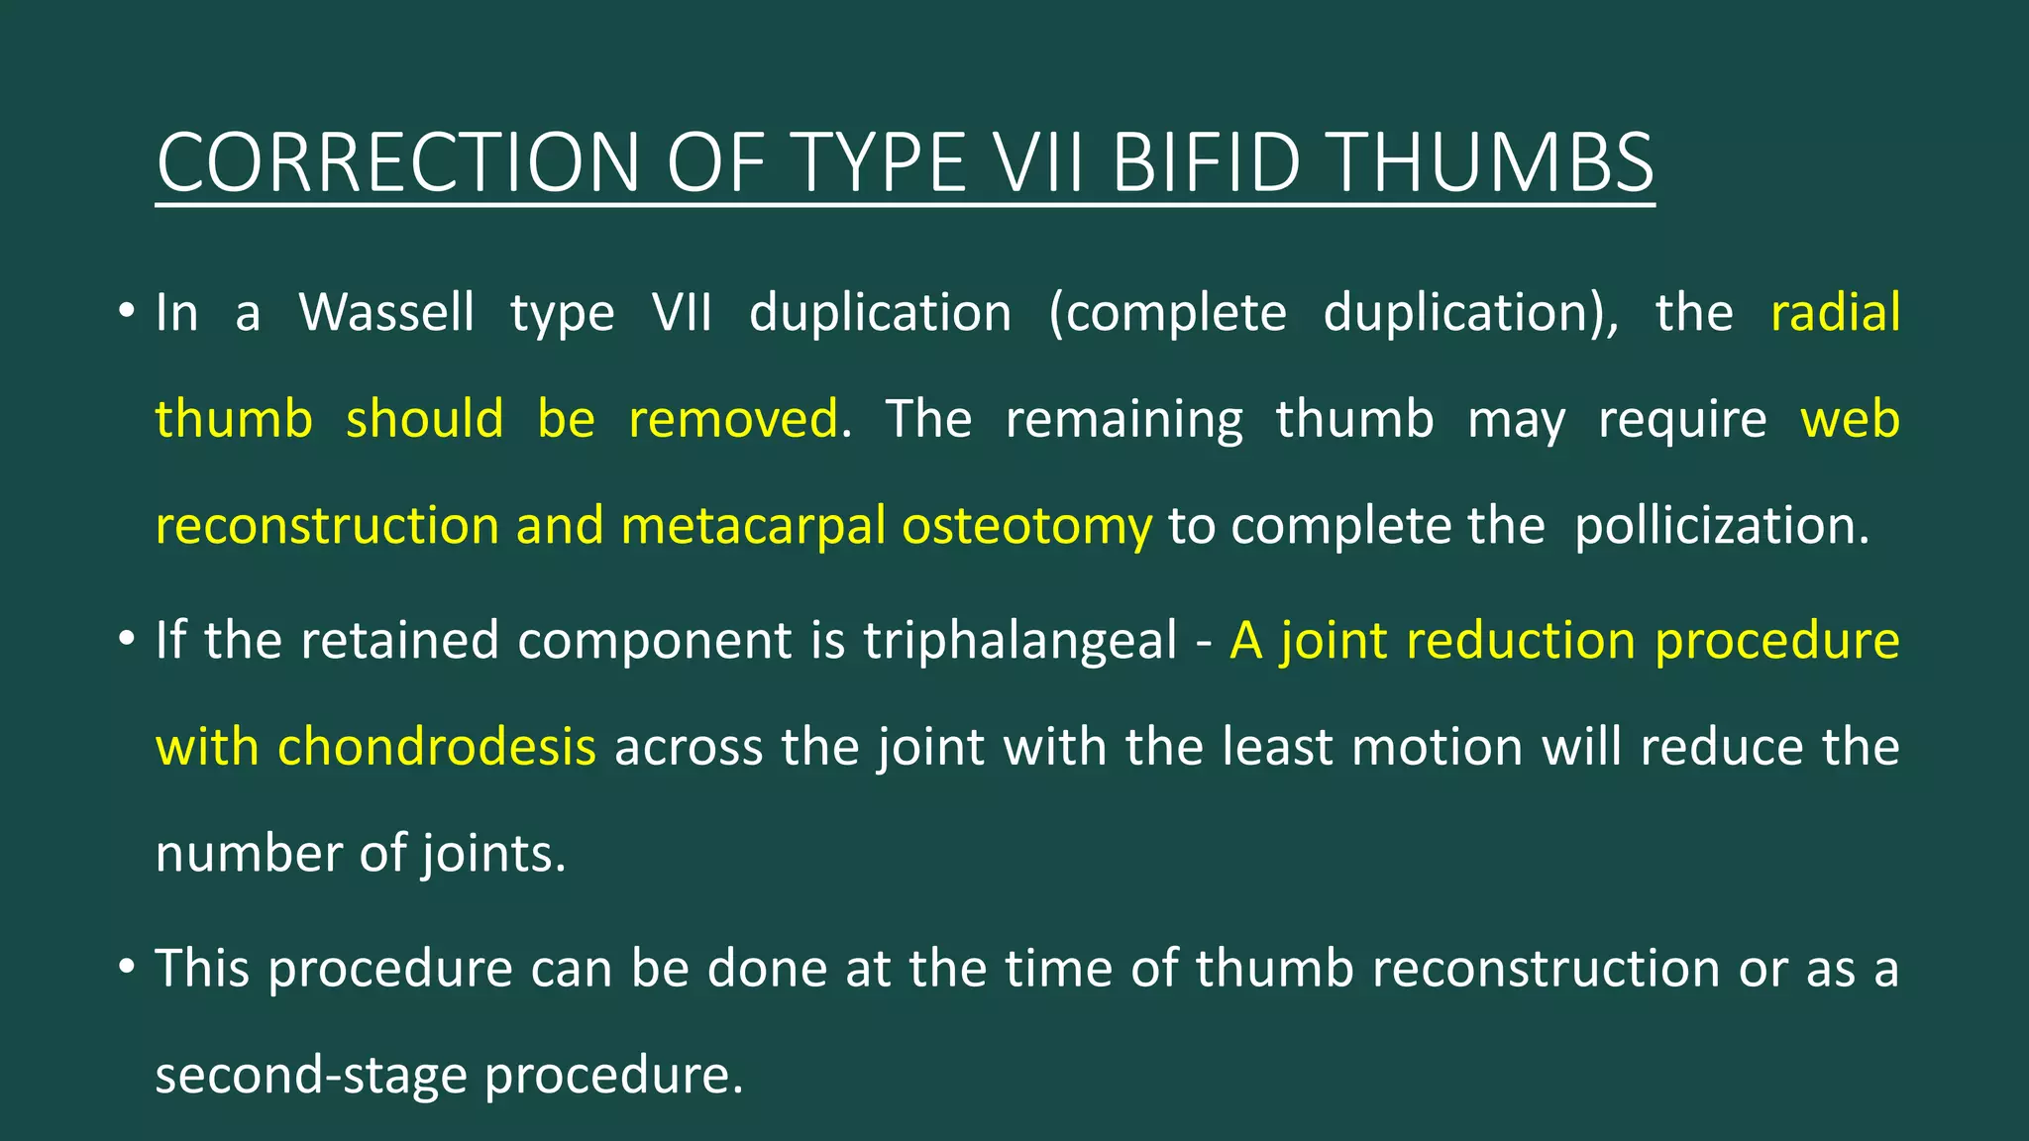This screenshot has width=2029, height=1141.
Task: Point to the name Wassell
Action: pos(386,313)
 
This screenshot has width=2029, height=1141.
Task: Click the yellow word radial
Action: pos(1835,313)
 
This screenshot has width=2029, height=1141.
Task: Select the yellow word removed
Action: pos(733,419)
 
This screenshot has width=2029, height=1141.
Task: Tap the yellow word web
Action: pos(1850,419)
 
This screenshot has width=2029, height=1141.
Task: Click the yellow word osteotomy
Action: pos(1026,526)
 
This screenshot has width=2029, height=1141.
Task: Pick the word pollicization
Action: pos(1721,526)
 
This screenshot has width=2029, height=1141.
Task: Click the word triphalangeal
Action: pos(1019,641)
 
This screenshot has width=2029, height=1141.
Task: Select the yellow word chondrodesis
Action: pos(436,747)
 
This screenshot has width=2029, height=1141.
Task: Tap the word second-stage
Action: pos(310,1076)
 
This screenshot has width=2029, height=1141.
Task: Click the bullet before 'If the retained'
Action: pos(125,640)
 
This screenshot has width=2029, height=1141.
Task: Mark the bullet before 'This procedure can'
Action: pos(125,968)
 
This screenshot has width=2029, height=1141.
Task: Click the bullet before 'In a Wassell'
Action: pos(125,312)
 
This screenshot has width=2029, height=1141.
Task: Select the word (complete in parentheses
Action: pos(1168,313)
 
